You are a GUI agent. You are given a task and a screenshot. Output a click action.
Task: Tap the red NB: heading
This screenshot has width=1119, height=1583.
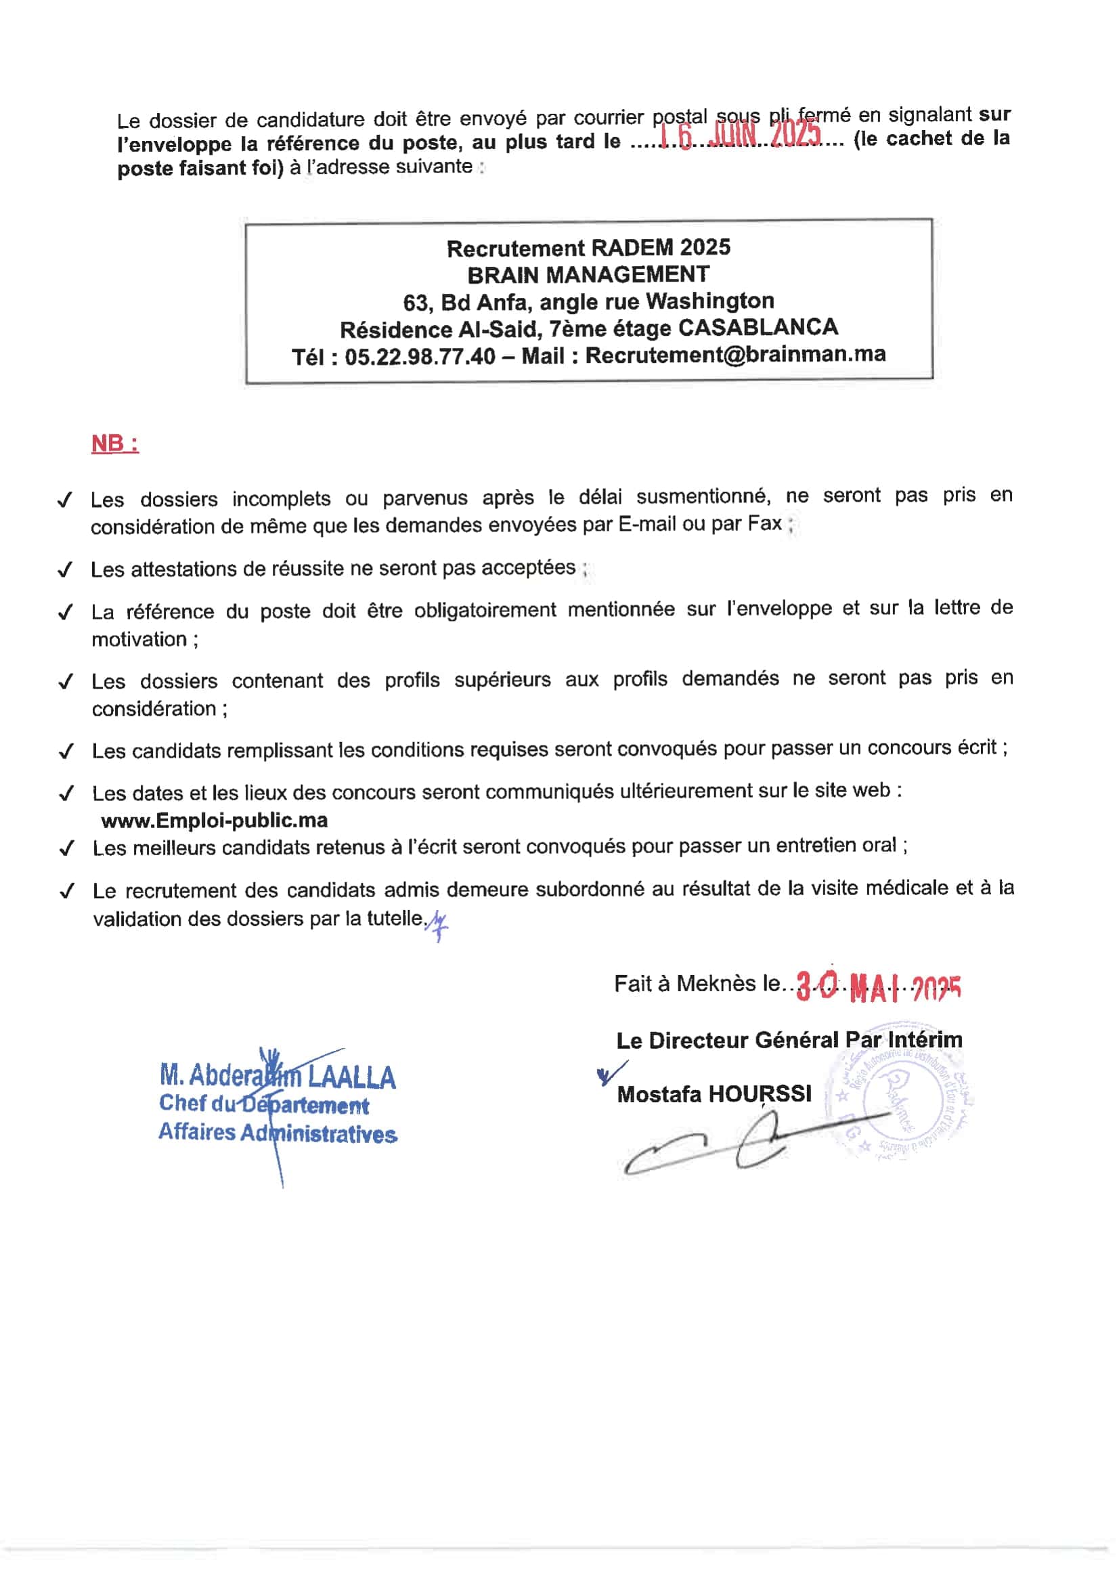coord(114,443)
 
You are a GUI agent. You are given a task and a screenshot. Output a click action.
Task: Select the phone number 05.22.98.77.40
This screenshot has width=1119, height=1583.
coord(420,356)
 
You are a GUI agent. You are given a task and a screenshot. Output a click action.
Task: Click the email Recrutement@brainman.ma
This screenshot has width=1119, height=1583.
coord(735,354)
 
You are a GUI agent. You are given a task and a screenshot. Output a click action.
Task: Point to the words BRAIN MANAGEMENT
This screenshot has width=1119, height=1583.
coord(588,274)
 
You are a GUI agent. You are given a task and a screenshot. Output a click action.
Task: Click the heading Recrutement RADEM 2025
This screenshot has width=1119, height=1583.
coord(588,248)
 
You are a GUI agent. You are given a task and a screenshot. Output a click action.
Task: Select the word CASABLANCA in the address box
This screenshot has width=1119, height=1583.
coord(758,327)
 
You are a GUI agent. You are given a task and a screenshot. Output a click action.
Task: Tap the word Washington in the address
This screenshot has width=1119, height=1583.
coord(710,301)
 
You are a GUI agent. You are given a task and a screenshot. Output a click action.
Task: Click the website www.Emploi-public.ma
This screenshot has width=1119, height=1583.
coord(215,821)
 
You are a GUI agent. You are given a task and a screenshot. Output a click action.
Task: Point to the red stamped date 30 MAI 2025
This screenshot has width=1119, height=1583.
coord(878,988)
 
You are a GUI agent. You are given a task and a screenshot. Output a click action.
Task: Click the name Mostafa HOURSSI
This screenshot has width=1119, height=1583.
coord(714,1094)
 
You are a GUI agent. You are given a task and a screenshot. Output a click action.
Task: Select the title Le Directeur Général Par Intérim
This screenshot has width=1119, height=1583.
coord(789,1041)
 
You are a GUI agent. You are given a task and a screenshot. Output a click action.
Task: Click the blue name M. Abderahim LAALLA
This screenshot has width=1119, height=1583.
coord(277,1077)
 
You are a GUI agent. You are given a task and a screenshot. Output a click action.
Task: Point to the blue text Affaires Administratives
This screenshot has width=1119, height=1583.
coord(277,1133)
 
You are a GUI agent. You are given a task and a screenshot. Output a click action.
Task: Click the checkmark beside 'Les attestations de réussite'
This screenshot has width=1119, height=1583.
coord(66,570)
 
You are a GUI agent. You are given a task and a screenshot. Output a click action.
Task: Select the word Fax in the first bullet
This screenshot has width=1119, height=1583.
coord(764,524)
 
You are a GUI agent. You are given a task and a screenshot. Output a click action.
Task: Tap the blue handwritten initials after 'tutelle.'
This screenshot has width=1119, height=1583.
coord(437,924)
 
